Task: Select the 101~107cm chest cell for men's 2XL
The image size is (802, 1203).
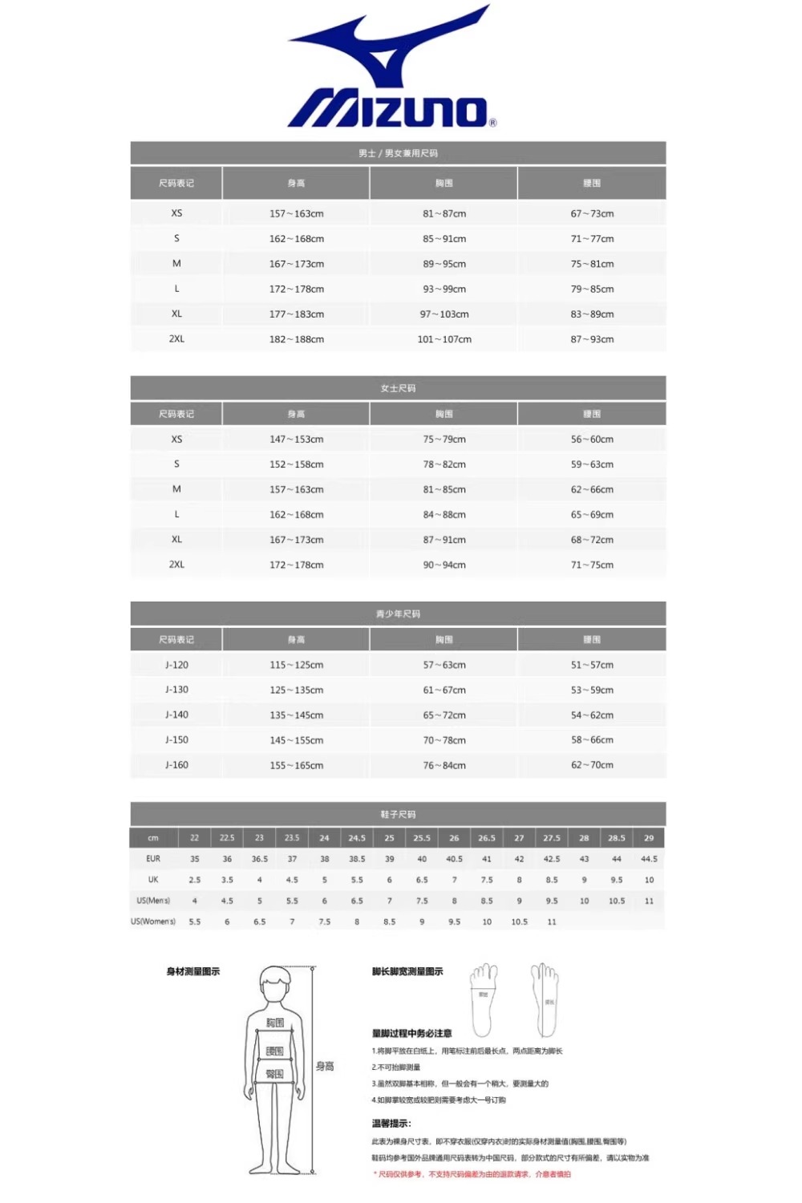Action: (444, 339)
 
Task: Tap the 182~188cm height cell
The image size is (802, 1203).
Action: (297, 339)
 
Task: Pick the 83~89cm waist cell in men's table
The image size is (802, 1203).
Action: (592, 314)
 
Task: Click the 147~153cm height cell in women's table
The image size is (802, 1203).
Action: (297, 439)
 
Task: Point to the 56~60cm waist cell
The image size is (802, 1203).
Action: (592, 439)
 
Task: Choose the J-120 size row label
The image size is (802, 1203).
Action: (176, 665)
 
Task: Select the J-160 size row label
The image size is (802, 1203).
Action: (176, 765)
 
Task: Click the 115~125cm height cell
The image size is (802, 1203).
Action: (297, 665)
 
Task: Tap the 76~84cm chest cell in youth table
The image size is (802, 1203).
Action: (444, 765)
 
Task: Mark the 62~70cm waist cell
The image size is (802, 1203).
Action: (592, 765)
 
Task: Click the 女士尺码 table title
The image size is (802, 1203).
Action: (398, 388)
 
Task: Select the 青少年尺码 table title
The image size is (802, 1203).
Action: (398, 614)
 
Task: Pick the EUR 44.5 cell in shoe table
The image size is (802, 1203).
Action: (649, 859)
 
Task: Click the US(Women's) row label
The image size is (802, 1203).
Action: (153, 921)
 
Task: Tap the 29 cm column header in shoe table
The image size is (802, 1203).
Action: (649, 838)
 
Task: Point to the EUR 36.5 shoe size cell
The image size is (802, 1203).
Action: (259, 859)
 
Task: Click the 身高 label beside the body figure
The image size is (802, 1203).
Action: (325, 1066)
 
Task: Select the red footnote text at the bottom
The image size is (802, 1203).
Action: (473, 1174)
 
